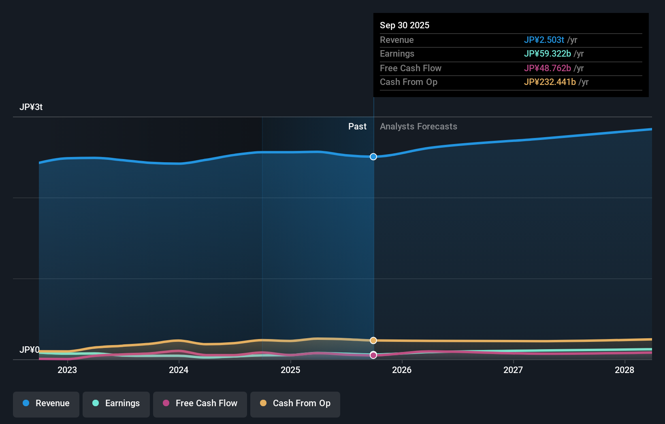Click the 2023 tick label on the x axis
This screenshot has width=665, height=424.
tap(67, 370)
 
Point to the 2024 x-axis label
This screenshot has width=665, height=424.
tap(179, 370)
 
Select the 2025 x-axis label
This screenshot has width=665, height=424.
tap(290, 370)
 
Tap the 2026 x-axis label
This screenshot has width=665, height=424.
tap(402, 370)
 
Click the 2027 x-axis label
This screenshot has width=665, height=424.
tap(513, 370)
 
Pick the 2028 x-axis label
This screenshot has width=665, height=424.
tap(625, 370)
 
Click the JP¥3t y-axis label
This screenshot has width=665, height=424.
tap(31, 107)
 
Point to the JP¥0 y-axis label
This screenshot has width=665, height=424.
tap(30, 350)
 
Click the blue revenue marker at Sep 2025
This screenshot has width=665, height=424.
tap(373, 157)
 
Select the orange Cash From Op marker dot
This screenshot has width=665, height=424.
tap(373, 341)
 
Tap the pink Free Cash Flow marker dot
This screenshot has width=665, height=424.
tap(373, 355)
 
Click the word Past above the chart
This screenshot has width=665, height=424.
tap(357, 127)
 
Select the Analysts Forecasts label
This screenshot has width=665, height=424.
tap(418, 127)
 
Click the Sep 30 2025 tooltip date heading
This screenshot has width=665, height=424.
tap(405, 25)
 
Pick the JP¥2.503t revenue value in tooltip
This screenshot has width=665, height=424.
tap(544, 40)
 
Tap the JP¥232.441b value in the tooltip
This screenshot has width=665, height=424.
tap(550, 82)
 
